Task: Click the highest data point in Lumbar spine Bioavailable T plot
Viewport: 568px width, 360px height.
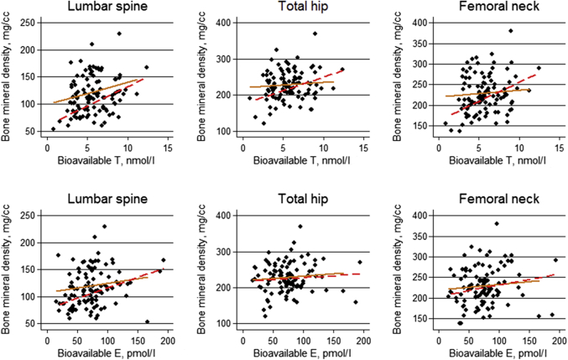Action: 119,34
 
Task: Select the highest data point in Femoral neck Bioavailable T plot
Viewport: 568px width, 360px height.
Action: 509,31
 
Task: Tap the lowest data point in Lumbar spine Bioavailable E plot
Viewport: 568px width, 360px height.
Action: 147,321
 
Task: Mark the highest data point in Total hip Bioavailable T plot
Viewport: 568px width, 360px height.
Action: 315,34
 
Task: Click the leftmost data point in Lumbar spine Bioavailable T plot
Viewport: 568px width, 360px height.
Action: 54,129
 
